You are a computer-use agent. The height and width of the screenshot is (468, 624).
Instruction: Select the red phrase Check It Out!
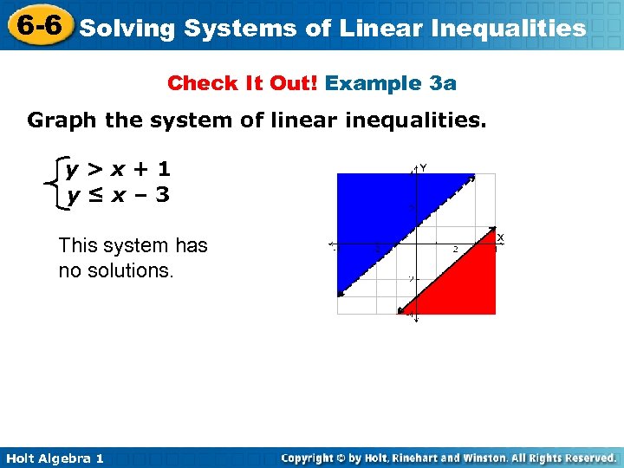(244, 83)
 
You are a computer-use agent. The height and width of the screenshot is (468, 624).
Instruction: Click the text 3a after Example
(443, 83)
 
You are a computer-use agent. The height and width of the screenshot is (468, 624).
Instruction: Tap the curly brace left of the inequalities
(57, 182)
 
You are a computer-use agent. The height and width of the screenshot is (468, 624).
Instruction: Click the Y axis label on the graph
(423, 166)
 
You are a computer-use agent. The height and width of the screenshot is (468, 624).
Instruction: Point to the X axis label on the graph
(500, 237)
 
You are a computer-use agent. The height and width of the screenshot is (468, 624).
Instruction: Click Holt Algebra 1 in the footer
(55, 458)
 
